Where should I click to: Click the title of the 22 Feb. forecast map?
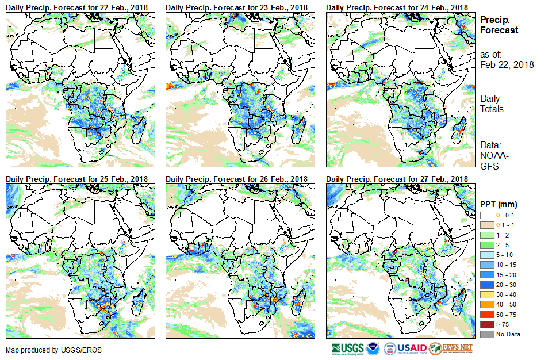pyautogui.click(x=76, y=7)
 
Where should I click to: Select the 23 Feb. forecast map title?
pyautogui.click(x=236, y=7)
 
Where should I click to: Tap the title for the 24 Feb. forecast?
pyautogui.click(x=397, y=7)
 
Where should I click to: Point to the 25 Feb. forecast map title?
pyautogui.click(x=76, y=179)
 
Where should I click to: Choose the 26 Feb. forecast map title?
pyautogui.click(x=236, y=179)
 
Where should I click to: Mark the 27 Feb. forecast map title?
pyautogui.click(x=397, y=179)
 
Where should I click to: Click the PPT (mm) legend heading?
pyautogui.click(x=499, y=204)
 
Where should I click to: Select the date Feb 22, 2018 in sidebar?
pyautogui.click(x=507, y=64)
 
